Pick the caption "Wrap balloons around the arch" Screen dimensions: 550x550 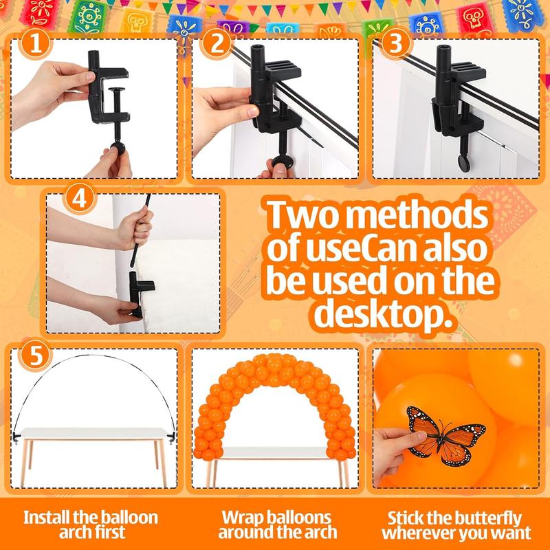[x=276, y=524]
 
